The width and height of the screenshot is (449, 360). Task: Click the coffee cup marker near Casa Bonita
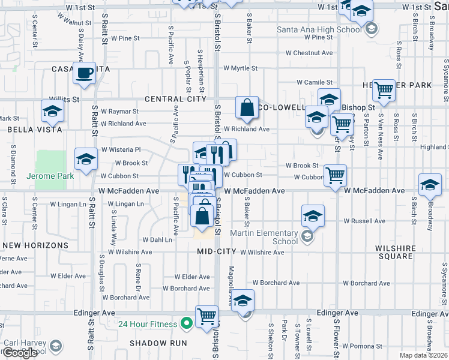click(85, 73)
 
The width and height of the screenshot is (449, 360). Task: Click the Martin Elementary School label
click(274, 237)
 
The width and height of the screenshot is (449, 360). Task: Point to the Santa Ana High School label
click(319, 29)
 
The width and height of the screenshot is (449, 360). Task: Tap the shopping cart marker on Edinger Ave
click(207, 316)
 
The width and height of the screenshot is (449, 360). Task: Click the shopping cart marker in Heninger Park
click(384, 90)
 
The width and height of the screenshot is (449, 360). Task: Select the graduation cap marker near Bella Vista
click(53, 111)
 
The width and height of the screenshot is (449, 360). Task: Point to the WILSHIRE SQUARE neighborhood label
click(395, 252)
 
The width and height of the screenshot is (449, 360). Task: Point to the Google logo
click(20, 353)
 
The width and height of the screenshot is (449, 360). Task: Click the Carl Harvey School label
click(25, 347)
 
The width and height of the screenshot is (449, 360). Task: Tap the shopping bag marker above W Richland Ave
click(247, 107)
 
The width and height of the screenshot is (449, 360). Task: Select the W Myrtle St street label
click(240, 68)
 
